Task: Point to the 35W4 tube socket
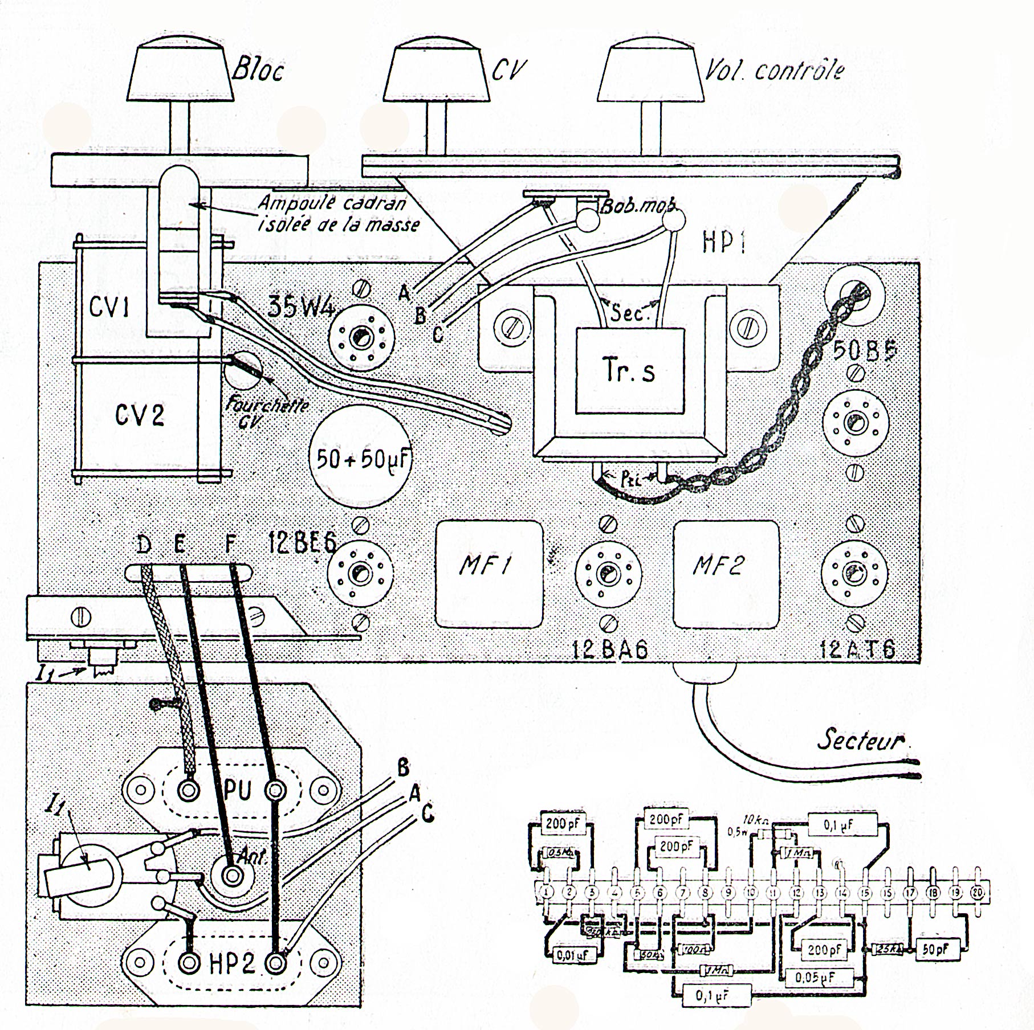[362, 337]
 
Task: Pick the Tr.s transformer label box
[629, 370]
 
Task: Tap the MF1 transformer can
[488, 574]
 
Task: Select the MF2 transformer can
[725, 574]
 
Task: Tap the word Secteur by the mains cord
[860, 740]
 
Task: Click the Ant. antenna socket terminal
[231, 875]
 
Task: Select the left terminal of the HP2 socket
[188, 963]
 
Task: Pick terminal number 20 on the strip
[978, 893]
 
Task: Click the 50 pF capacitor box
[936, 949]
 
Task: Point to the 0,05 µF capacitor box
[816, 977]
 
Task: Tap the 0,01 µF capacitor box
[573, 955]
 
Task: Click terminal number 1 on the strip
[547, 893]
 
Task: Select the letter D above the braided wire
[144, 545]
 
